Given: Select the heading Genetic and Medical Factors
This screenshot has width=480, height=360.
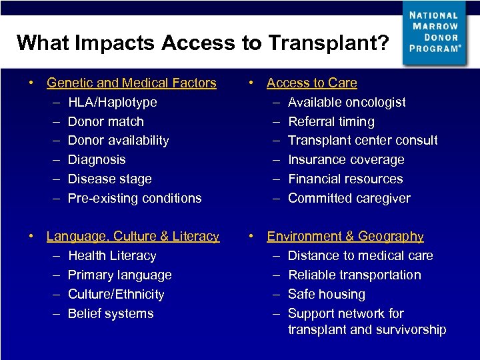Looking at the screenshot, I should (x=131, y=83).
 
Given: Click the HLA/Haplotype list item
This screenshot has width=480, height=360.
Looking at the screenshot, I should (x=113, y=103).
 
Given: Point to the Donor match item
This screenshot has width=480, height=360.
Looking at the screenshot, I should (x=105, y=122).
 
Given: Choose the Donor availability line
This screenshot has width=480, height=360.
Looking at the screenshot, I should (x=118, y=141).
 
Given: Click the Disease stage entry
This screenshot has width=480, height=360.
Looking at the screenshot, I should (x=109, y=179).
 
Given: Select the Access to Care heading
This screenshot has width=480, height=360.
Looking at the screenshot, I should (x=311, y=83).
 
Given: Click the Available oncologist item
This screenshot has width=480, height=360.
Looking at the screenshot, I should (x=346, y=103).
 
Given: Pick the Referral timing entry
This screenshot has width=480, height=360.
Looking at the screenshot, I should (x=331, y=122).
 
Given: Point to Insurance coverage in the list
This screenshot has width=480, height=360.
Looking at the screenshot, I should (x=345, y=160).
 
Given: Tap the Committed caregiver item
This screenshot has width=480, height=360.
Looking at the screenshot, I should (x=349, y=199).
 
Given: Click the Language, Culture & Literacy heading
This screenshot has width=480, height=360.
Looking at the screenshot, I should (x=133, y=237).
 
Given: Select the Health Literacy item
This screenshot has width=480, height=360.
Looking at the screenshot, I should (x=112, y=256).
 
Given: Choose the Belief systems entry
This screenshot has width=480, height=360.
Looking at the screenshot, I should (x=111, y=314).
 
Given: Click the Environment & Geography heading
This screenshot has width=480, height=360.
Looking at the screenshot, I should (x=345, y=237).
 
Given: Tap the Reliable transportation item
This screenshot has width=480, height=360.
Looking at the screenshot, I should (x=354, y=275).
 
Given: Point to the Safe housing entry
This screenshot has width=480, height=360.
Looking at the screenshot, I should (x=326, y=295).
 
